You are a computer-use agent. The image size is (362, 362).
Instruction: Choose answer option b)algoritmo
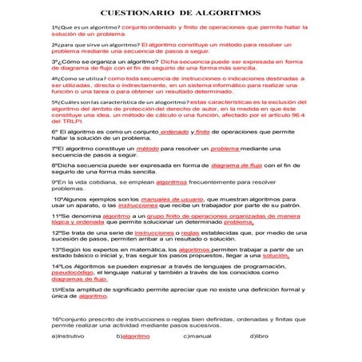coord(133,336)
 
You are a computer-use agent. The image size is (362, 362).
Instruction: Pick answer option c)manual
coord(197,336)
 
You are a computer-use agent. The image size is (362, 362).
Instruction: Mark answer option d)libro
coord(259,336)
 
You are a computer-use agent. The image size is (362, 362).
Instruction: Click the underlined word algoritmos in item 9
coord(171,181)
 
